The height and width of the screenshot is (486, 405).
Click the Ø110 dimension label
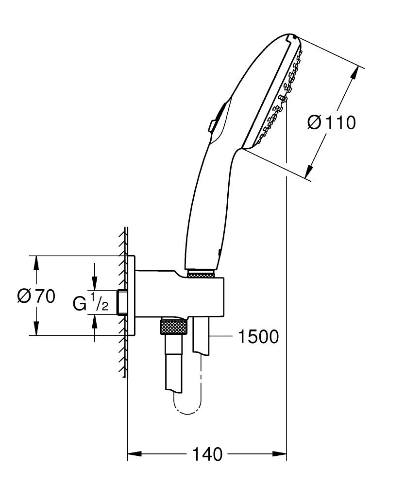[x=332, y=122]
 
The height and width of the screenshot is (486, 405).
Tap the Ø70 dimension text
[x=36, y=295]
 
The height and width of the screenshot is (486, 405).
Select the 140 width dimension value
[x=207, y=454]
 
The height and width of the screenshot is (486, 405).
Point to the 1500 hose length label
[x=258, y=336]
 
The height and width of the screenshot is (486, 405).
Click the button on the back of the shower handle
[x=212, y=125]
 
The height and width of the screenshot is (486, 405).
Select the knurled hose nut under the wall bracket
[x=173, y=327]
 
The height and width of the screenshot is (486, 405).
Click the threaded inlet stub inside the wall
[x=122, y=302]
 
